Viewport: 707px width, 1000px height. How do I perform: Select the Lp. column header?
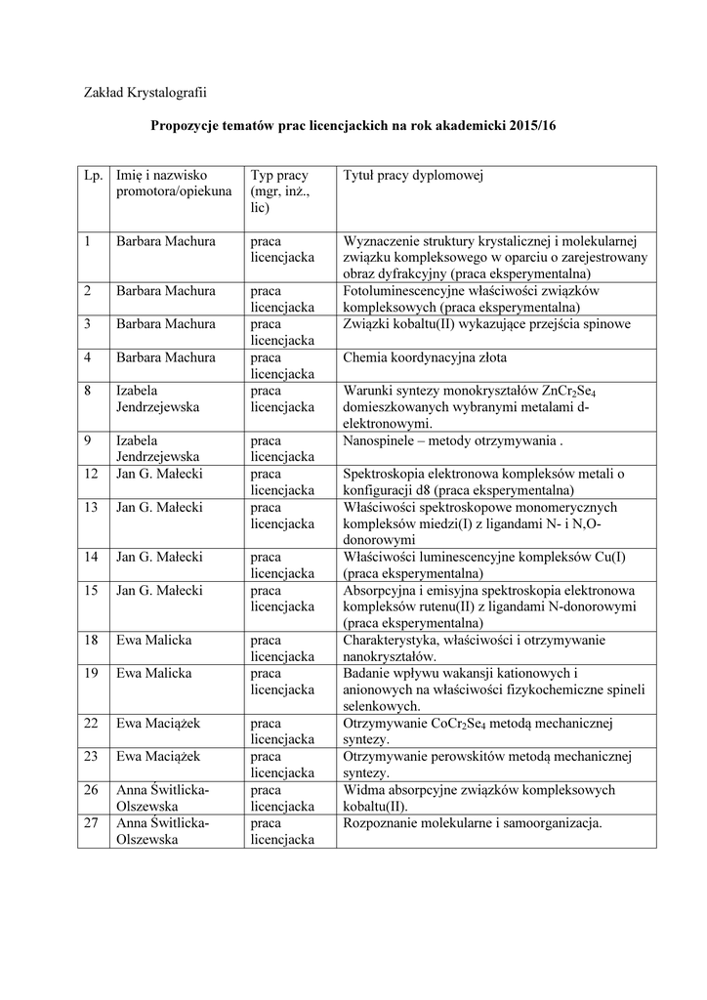94,175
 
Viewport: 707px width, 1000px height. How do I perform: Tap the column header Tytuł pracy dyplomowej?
414,175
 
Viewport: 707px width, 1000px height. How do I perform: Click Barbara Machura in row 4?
165,357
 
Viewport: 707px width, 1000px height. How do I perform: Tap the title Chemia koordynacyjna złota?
425,357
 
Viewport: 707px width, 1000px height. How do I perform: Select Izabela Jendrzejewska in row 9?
157,448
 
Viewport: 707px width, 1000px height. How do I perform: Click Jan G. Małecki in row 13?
159,507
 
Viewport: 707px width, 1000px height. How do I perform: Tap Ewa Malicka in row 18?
153,640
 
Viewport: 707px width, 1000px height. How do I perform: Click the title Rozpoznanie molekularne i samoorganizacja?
473,822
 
